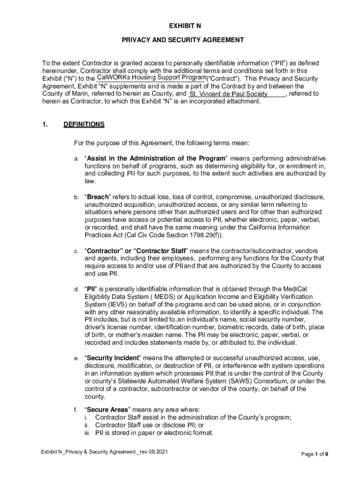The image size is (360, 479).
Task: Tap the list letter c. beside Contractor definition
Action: pyautogui.click(x=76, y=251)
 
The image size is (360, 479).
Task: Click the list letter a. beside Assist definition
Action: pyautogui.click(x=76, y=159)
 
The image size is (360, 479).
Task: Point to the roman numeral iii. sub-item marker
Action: pyautogui.click(x=87, y=433)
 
